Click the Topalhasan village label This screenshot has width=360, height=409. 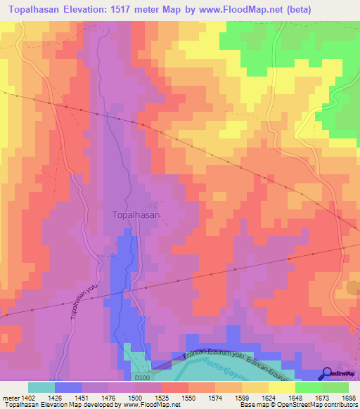[136, 215]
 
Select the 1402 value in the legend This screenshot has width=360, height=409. [29, 398]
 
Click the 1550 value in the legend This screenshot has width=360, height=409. [188, 398]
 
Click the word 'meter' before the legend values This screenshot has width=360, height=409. [9, 398]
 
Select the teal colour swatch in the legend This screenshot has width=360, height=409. [41, 387]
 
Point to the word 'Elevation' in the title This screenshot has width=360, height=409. [78, 11]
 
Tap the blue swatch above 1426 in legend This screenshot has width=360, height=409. [68, 387]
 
